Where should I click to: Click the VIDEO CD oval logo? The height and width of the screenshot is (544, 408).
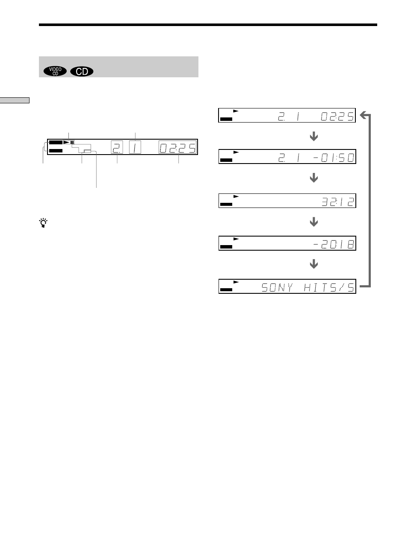click(55, 71)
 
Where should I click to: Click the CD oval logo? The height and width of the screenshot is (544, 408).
click(82, 71)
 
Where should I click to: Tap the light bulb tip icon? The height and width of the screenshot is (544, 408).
click(43, 223)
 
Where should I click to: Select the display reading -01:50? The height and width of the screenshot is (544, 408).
click(334, 158)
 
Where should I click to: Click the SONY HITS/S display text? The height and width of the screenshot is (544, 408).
click(308, 287)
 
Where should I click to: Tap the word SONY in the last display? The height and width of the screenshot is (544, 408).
click(277, 287)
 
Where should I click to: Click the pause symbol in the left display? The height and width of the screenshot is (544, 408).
click(72, 142)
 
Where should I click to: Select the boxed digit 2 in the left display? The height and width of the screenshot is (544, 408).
click(117, 147)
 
